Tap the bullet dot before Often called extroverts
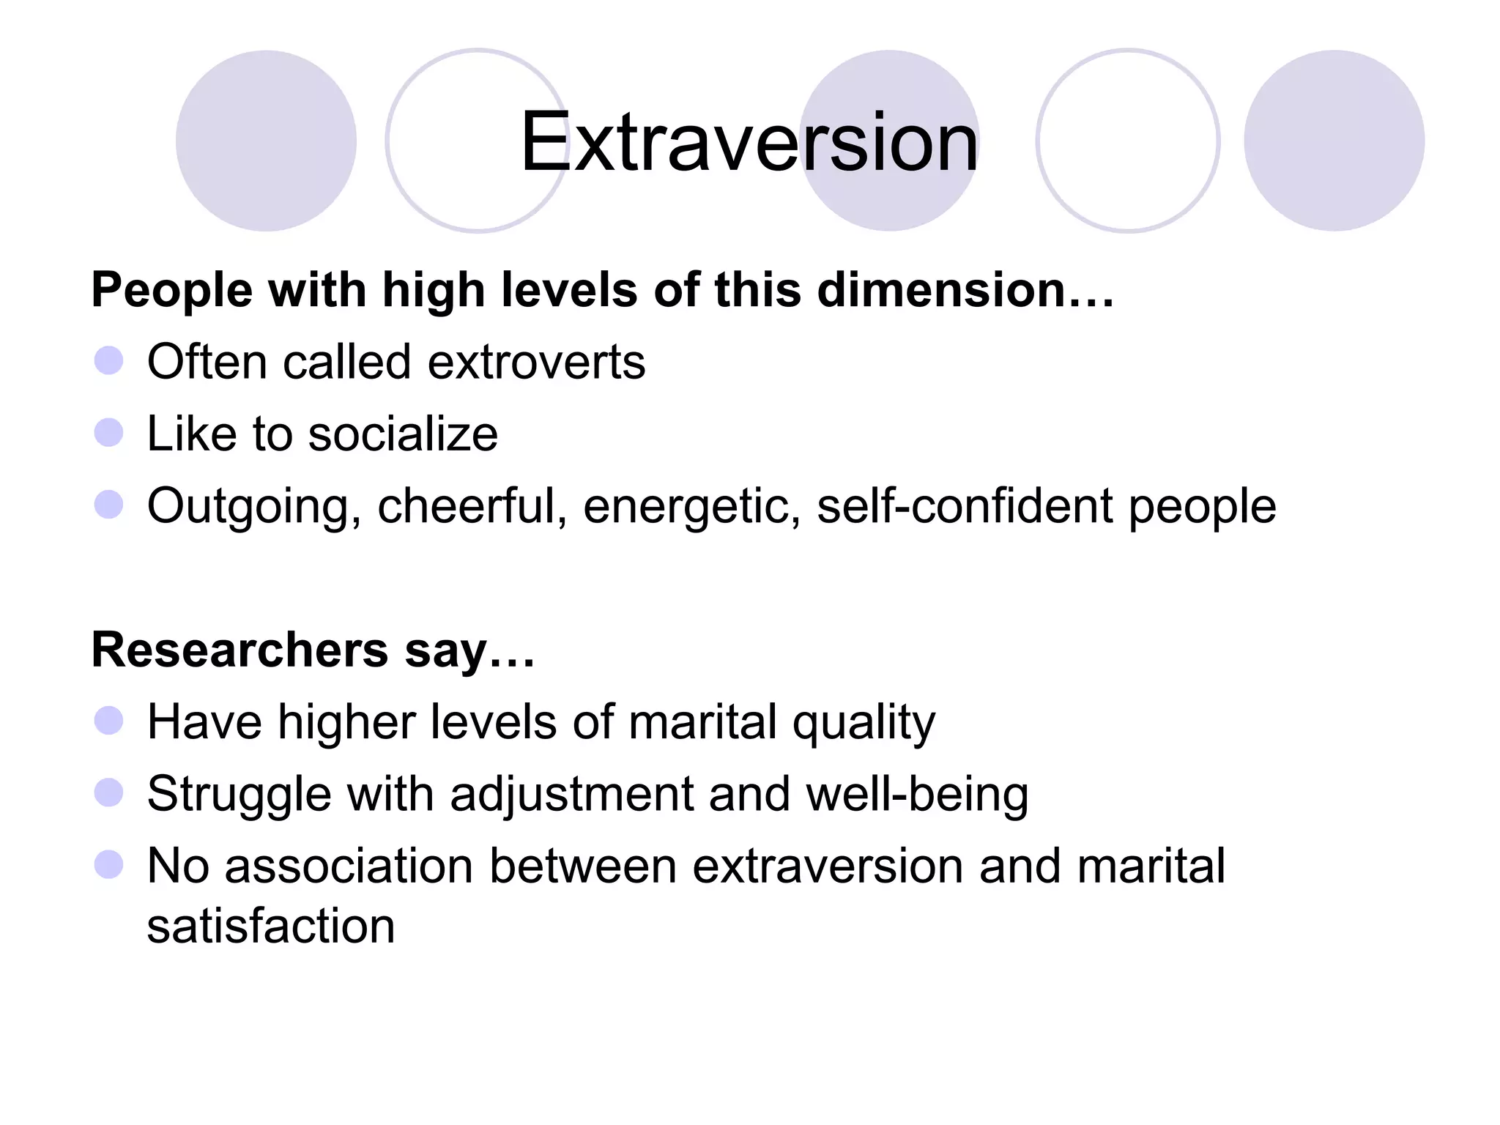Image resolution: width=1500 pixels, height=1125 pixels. pos(108,360)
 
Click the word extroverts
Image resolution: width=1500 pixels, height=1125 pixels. pos(536,362)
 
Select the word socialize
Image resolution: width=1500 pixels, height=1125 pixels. pos(403,434)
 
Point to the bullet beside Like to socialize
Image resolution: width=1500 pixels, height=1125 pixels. pos(108,432)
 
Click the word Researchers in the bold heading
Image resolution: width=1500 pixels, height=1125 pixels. pos(240,650)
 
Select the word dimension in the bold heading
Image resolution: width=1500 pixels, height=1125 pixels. pos(941,290)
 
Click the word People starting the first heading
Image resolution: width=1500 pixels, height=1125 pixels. pos(172,290)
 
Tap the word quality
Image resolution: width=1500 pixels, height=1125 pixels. pos(864,723)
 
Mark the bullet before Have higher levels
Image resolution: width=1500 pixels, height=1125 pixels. pos(108,721)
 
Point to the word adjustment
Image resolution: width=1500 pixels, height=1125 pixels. pos(571,795)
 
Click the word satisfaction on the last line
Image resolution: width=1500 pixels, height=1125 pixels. pos(271,926)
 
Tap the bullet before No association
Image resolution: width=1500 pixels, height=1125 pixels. pos(108,864)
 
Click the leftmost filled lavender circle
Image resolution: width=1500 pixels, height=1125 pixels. pos(266,141)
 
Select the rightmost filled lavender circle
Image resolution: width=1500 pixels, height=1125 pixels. pos(1334,141)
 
